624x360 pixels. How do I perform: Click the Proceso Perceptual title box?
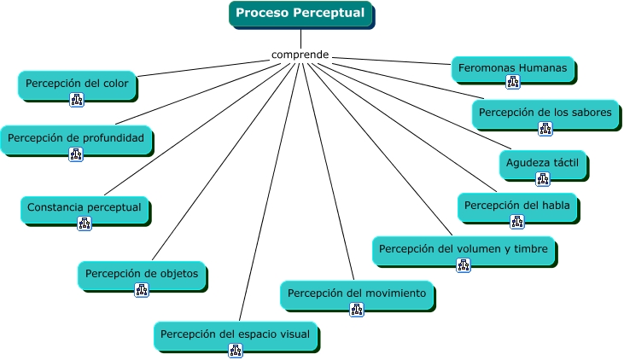coord(300,14)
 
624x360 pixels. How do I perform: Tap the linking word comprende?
coord(300,55)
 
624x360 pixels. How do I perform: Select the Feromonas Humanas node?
coord(512,69)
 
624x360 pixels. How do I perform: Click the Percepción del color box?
coord(77,84)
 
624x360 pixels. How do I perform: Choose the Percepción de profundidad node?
coord(76,139)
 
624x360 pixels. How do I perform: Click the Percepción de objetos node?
coord(142,275)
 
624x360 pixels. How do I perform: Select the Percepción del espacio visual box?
coord(236,335)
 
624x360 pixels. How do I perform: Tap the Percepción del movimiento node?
coord(357,294)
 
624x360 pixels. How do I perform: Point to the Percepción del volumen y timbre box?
coord(464,250)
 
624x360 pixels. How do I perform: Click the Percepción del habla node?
coord(517,206)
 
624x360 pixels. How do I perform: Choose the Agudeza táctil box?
coord(543,164)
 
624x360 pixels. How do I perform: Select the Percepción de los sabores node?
coord(545,113)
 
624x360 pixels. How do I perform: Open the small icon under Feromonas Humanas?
coord(513,82)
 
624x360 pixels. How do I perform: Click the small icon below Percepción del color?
coord(77,100)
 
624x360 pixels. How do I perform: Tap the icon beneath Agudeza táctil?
coord(543,179)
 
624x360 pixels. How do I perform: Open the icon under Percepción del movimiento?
coord(357,310)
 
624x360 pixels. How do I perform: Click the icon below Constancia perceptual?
coord(85,224)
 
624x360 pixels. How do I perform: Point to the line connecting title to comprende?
coord(300,38)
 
